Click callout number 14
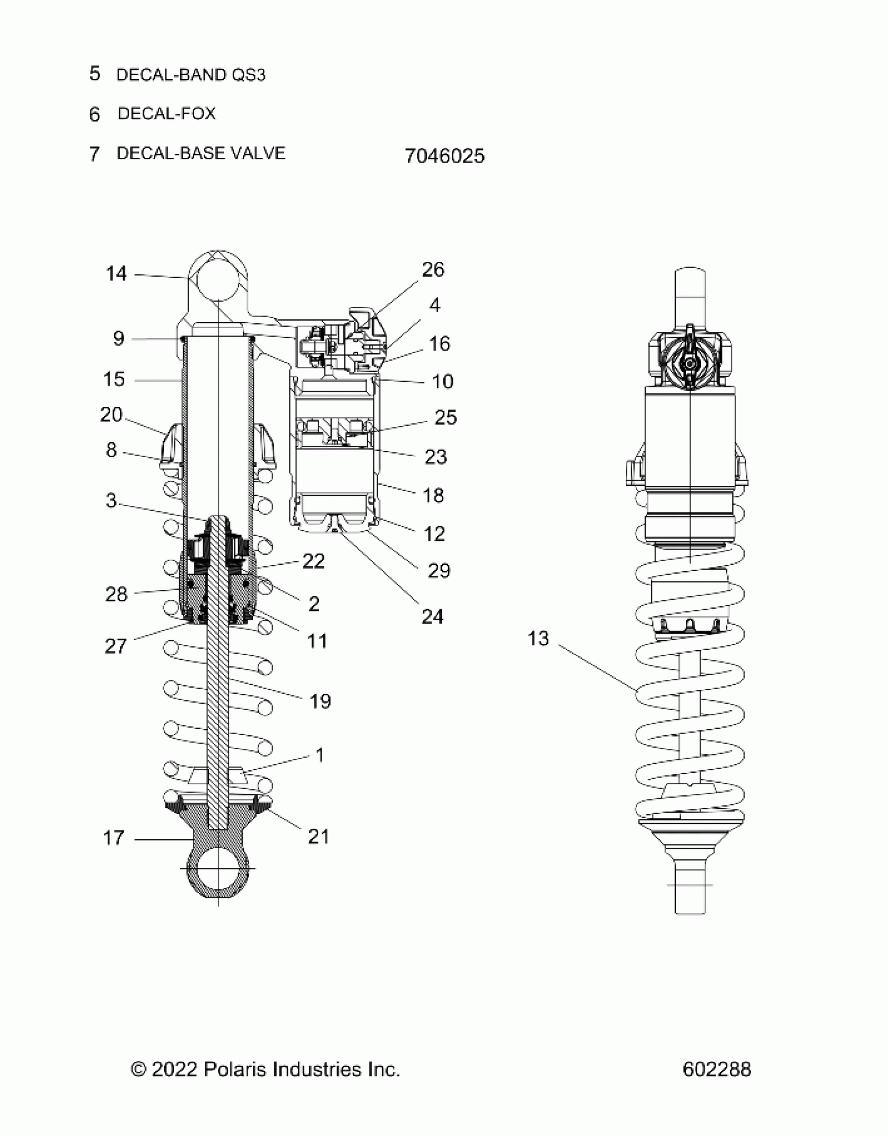(116, 274)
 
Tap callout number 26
(433, 270)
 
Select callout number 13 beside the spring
(538, 639)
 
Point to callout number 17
(114, 838)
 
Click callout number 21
(319, 837)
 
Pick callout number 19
(320, 701)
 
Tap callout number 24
(433, 617)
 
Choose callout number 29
(439, 571)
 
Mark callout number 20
(111, 415)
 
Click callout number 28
(116, 594)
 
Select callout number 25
(446, 418)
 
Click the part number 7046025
(445, 156)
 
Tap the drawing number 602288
(717, 1070)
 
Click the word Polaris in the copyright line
(236, 1070)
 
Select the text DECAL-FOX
(167, 113)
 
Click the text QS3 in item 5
(249, 75)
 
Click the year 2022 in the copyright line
(174, 1070)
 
